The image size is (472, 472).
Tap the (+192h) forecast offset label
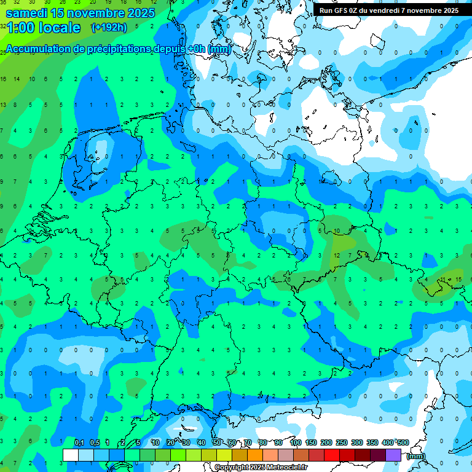tap(109, 28)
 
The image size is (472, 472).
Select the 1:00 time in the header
tap(21, 28)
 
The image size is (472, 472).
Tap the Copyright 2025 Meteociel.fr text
tap(261, 467)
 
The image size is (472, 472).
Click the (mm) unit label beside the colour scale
tap(415, 455)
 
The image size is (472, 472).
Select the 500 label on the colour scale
tap(403, 443)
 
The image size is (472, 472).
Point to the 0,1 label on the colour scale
tap(79, 443)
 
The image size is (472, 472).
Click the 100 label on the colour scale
tap(295, 443)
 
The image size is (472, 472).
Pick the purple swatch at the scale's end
tap(393, 455)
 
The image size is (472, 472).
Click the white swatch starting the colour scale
tap(70, 455)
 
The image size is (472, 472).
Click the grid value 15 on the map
tap(458, 280)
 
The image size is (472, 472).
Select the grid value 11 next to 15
tap(444, 280)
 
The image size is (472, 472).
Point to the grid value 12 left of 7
tap(337, 255)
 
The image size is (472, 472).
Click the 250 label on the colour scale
tap(341, 443)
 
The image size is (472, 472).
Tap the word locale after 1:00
tap(60, 28)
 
